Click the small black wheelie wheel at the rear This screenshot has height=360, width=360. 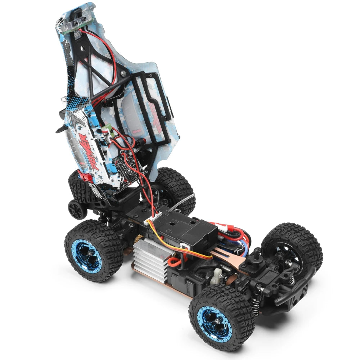point(76,208)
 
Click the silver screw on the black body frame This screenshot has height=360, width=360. point(123,73)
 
